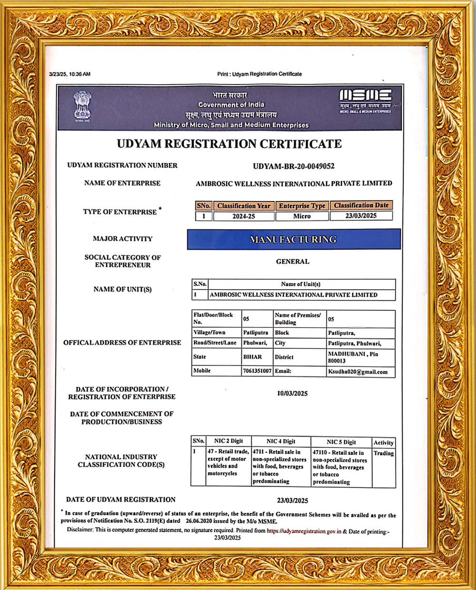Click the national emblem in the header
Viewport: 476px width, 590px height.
tap(82, 106)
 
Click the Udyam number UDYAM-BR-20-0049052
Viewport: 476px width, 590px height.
tap(293, 166)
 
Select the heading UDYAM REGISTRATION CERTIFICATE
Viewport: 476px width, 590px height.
tap(229, 144)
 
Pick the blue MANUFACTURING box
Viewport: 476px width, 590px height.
tap(293, 239)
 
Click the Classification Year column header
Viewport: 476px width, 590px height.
tap(244, 206)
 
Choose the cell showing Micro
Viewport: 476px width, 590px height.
tap(302, 216)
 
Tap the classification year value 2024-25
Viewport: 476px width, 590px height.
tap(244, 216)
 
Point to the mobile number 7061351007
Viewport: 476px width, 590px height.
tap(257, 371)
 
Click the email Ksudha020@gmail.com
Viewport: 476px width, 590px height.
tap(357, 372)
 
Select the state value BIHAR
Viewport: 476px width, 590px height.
tap(253, 356)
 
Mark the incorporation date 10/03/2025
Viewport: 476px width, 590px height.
tap(292, 393)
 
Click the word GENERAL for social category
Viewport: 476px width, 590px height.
tap(292, 262)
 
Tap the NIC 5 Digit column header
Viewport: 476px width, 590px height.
tap(341, 442)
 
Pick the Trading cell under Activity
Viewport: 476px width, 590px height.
tap(383, 453)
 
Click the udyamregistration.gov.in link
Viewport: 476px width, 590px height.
tap(304, 531)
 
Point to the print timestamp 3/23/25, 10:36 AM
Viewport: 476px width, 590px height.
tap(69, 74)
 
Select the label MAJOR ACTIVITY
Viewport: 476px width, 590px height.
tap(122, 239)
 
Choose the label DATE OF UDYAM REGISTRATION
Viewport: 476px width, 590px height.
tap(121, 499)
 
